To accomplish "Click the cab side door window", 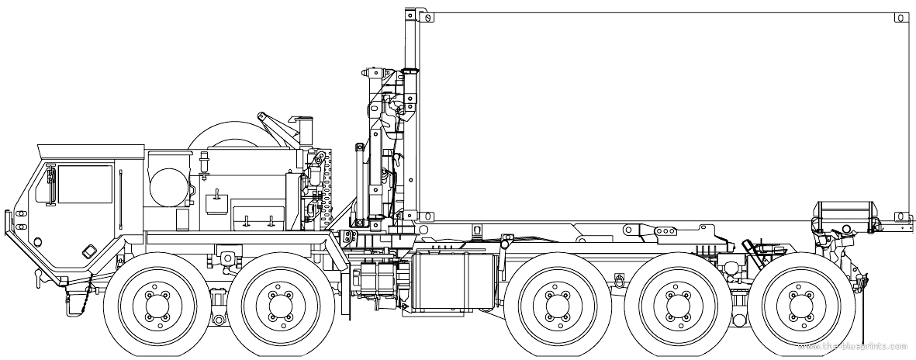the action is point(85,184).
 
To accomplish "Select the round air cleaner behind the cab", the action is point(169,186).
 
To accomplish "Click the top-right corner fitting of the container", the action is point(902,18).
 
